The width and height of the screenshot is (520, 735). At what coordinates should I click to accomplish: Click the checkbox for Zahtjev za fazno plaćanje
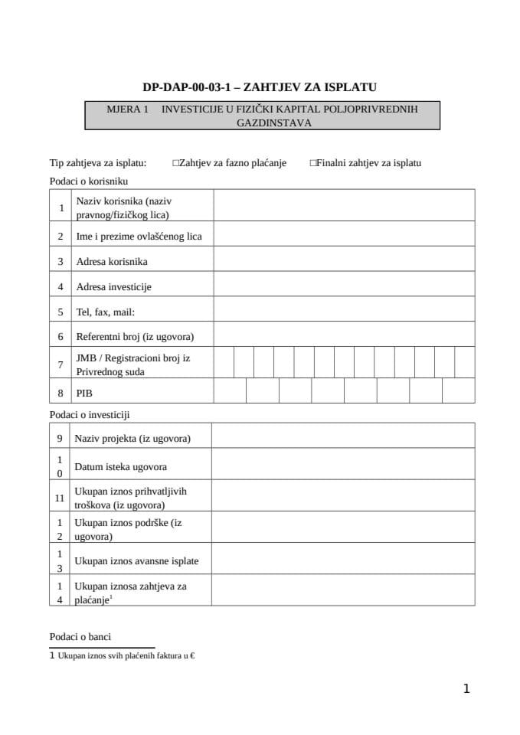point(176,163)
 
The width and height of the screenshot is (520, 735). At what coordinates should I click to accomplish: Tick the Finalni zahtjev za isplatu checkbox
point(313,163)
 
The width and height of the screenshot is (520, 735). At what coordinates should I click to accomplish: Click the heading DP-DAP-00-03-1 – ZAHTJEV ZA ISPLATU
point(260,87)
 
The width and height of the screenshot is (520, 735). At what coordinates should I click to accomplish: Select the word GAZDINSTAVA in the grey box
point(263,122)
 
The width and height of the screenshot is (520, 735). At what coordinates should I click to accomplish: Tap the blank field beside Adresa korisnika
point(344,261)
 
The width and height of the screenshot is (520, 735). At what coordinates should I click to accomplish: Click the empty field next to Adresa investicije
point(344,286)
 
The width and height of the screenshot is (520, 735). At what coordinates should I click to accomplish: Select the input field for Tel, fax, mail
point(344,312)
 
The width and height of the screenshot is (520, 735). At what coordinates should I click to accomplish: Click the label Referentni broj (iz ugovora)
point(135,336)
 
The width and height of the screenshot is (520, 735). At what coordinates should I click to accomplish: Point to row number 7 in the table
point(61,365)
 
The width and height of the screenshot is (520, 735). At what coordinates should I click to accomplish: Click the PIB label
point(84,392)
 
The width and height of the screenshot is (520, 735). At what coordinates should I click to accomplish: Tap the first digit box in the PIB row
point(230,391)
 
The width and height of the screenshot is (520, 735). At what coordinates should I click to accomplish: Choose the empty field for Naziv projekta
point(343,438)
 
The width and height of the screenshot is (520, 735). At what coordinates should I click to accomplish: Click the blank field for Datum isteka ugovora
point(343,466)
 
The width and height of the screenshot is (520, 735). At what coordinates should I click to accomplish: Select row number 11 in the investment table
point(60,498)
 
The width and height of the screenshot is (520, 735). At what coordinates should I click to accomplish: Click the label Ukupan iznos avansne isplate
point(136,560)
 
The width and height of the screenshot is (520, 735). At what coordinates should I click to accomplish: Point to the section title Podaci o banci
point(80,636)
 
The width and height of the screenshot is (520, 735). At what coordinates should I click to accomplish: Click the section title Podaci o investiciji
point(90,414)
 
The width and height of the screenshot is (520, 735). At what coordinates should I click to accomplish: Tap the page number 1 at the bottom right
point(466,689)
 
